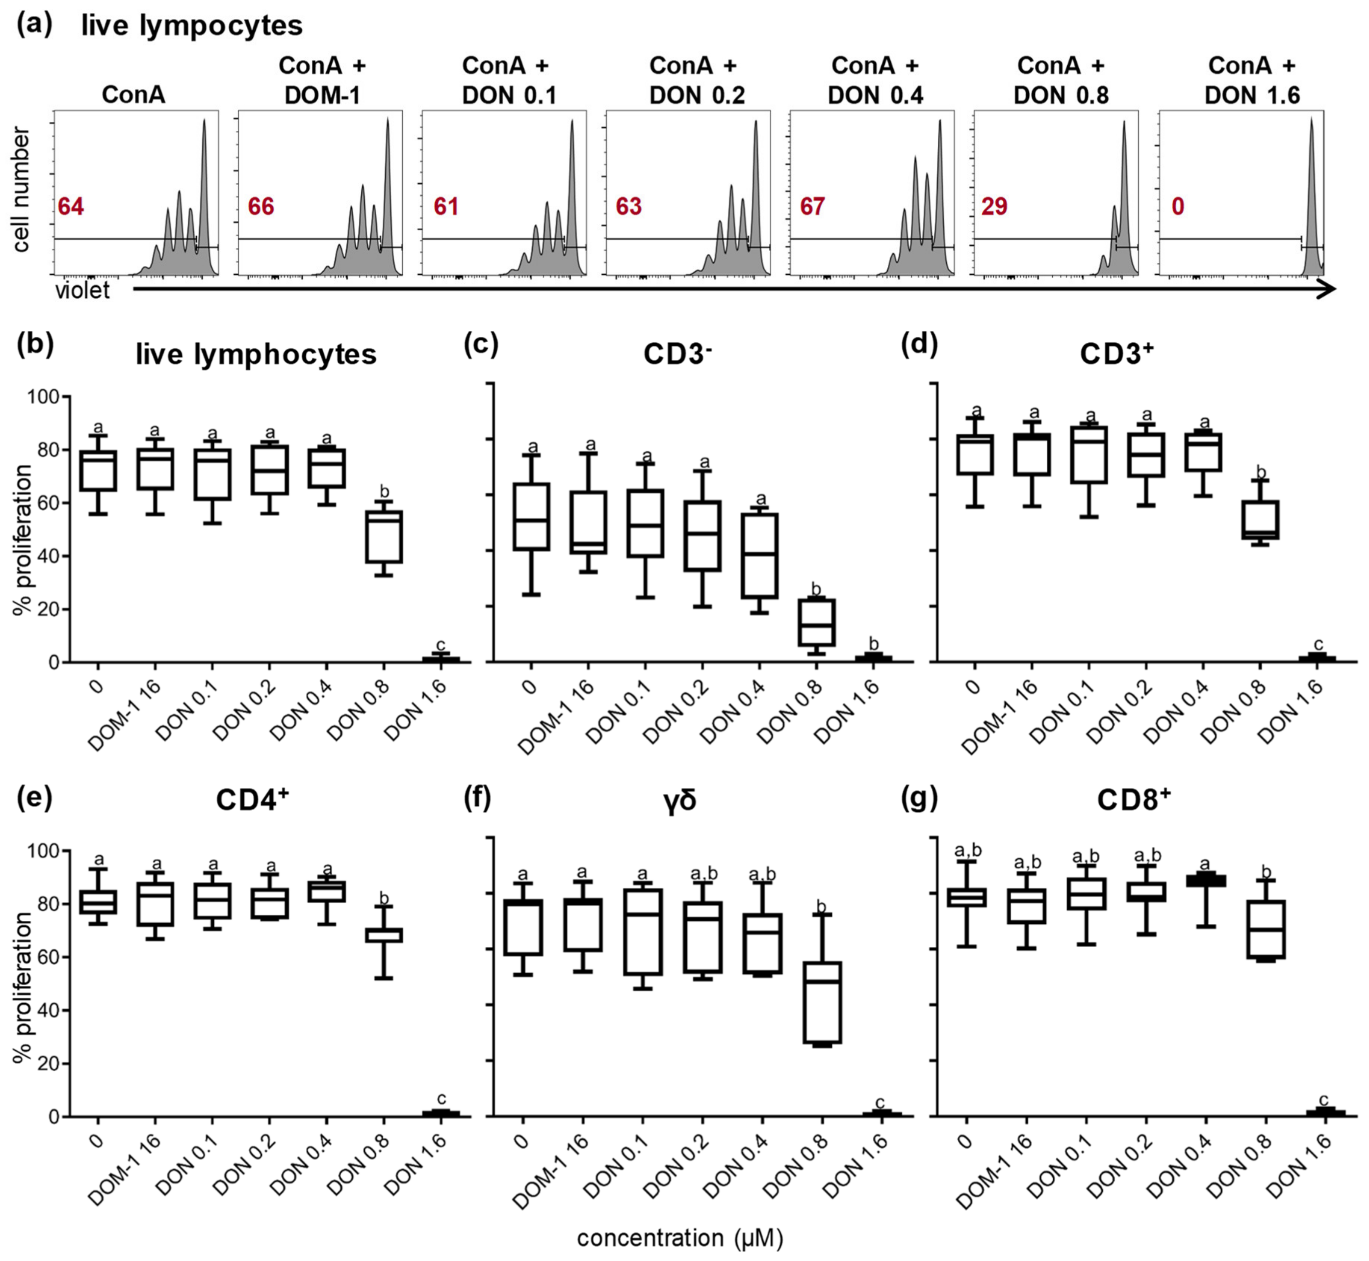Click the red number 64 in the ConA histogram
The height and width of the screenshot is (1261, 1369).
(x=71, y=206)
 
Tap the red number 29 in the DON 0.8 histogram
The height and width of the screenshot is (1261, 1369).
(x=994, y=206)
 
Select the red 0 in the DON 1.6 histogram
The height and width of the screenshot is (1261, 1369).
(x=1178, y=206)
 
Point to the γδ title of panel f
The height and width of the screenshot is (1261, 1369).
(x=679, y=800)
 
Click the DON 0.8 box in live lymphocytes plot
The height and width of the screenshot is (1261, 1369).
(x=384, y=537)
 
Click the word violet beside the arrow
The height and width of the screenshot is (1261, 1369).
(x=82, y=291)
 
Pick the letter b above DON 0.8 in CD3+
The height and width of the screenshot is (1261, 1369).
(x=1261, y=472)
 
